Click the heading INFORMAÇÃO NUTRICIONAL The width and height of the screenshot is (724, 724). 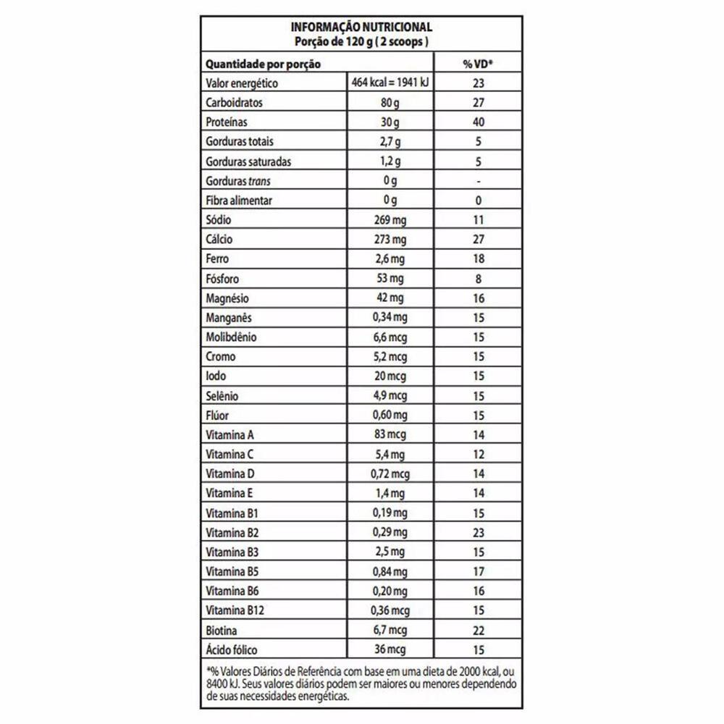pyautogui.click(x=361, y=28)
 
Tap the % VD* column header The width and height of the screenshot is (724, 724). pyautogui.click(x=478, y=64)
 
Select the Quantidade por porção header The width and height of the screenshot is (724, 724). pyautogui.click(x=263, y=64)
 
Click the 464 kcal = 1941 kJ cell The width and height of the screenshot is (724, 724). pyautogui.click(x=391, y=83)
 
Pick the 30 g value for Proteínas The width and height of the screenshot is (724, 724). pyautogui.click(x=391, y=122)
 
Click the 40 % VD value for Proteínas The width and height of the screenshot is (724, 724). pyautogui.click(x=478, y=122)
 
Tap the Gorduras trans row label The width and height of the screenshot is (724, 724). pyautogui.click(x=239, y=181)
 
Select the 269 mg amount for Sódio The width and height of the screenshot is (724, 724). pyautogui.click(x=391, y=220)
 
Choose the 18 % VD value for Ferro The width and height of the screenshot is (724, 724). pyautogui.click(x=478, y=259)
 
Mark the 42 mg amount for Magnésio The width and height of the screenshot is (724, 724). pyautogui.click(x=391, y=298)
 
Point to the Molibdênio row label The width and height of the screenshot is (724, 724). pyautogui.click(x=232, y=337)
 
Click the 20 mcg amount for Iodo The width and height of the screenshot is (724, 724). pyautogui.click(x=391, y=376)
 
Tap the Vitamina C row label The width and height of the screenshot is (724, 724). pyautogui.click(x=230, y=455)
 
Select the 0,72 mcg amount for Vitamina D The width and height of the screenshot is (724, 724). pyautogui.click(x=391, y=474)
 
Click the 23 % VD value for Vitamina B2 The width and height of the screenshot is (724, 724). pyautogui.click(x=478, y=533)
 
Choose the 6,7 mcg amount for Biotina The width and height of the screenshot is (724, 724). pyautogui.click(x=391, y=631)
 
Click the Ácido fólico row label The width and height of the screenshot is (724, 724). pyautogui.click(x=232, y=650)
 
